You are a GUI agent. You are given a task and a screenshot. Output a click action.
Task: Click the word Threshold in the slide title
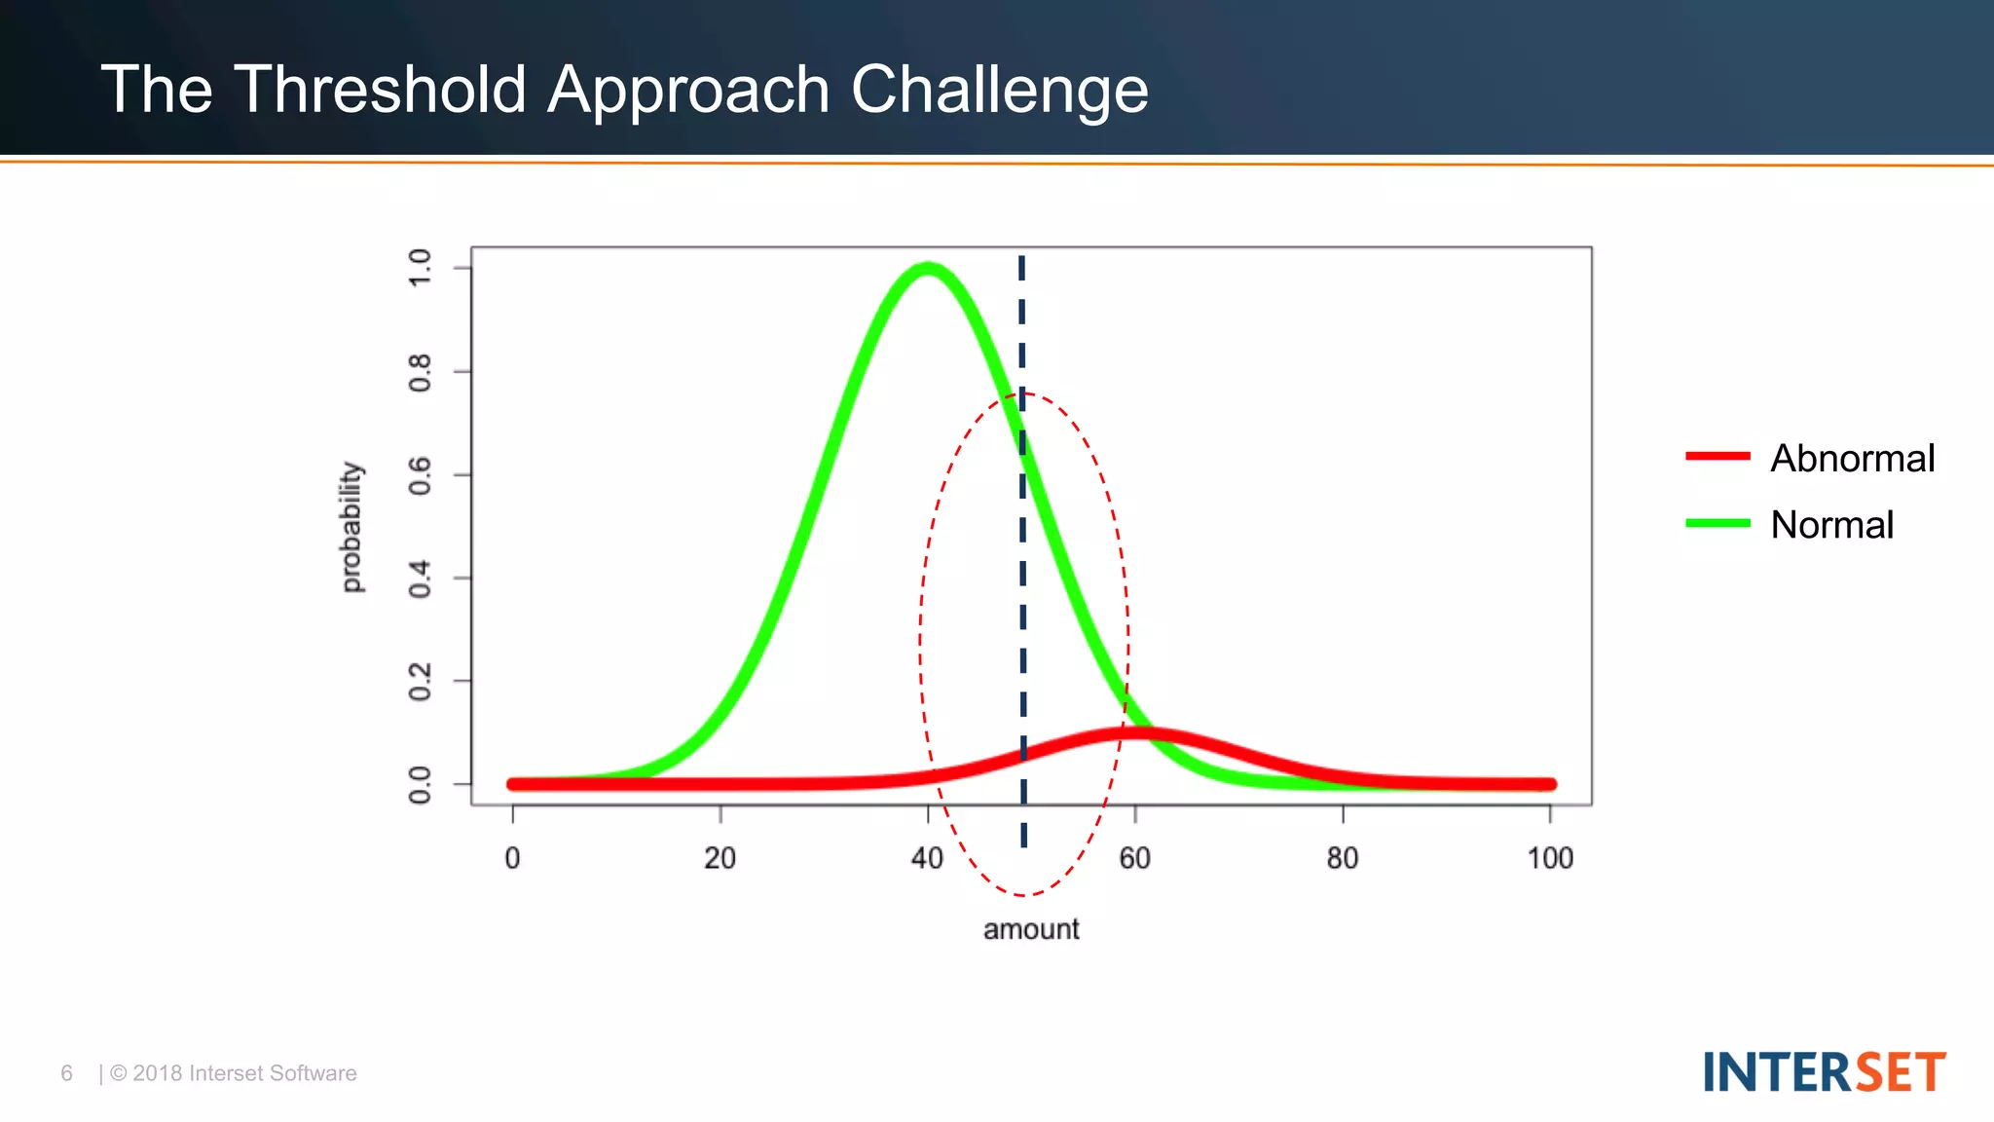pos(380,90)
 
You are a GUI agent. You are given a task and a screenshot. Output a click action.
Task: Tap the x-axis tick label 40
pos(927,858)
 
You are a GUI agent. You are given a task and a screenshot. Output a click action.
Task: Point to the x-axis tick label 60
pos(1134,858)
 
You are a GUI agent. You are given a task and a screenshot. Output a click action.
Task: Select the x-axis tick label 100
pos(1549,858)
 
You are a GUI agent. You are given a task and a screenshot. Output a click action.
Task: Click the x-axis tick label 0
pos(512,858)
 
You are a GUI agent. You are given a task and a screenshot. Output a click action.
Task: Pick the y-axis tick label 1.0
pos(420,267)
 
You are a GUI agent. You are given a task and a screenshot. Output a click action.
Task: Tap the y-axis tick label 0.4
pos(420,579)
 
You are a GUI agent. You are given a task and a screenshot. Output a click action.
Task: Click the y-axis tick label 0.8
pos(420,372)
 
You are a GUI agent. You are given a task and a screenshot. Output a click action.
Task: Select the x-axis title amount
pos(1031,929)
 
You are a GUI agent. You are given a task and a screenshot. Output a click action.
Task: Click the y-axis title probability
pos(351,527)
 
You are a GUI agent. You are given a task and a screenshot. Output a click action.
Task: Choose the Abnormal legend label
pos(1852,458)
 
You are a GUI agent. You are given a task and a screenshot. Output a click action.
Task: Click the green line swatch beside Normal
pos(1717,523)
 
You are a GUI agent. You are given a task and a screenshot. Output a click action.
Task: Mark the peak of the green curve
pos(928,268)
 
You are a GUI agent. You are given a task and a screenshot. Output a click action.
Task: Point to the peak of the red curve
pos(1135,732)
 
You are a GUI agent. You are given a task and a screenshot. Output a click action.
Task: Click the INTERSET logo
pos(1824,1072)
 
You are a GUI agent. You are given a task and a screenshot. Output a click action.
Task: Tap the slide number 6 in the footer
pos(66,1073)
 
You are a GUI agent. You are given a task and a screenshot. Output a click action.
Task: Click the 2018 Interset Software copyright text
pos(234,1073)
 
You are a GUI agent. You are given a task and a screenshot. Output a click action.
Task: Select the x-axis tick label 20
pos(720,858)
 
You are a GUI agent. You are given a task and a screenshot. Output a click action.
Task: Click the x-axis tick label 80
pos(1342,858)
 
